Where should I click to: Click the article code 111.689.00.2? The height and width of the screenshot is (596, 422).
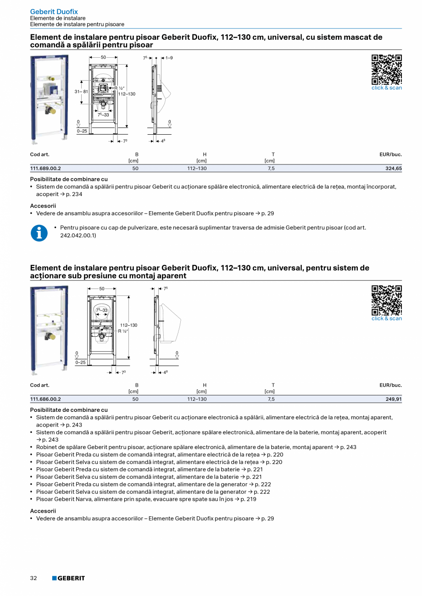[45, 169]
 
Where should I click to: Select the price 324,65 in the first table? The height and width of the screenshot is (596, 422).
[394, 169]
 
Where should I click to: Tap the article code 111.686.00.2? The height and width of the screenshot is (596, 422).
[45, 399]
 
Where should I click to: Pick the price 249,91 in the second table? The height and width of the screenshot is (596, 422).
[394, 399]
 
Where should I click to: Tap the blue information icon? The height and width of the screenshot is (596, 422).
[39, 233]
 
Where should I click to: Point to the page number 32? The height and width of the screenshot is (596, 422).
[33, 578]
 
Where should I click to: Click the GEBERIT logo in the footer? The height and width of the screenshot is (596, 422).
[68, 578]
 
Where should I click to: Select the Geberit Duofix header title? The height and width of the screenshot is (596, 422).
[54, 11]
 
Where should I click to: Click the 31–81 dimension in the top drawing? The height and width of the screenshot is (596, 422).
[81, 92]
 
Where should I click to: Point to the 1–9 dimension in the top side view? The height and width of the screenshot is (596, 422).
[169, 58]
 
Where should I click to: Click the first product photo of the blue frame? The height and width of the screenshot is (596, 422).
[49, 98]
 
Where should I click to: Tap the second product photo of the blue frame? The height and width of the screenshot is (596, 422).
[49, 330]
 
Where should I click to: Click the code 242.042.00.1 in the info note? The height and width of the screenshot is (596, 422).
[78, 235]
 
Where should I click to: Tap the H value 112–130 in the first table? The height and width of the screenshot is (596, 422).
[197, 169]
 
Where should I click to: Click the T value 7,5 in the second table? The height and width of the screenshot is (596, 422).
[271, 399]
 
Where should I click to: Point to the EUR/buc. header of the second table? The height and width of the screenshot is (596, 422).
[390, 385]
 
